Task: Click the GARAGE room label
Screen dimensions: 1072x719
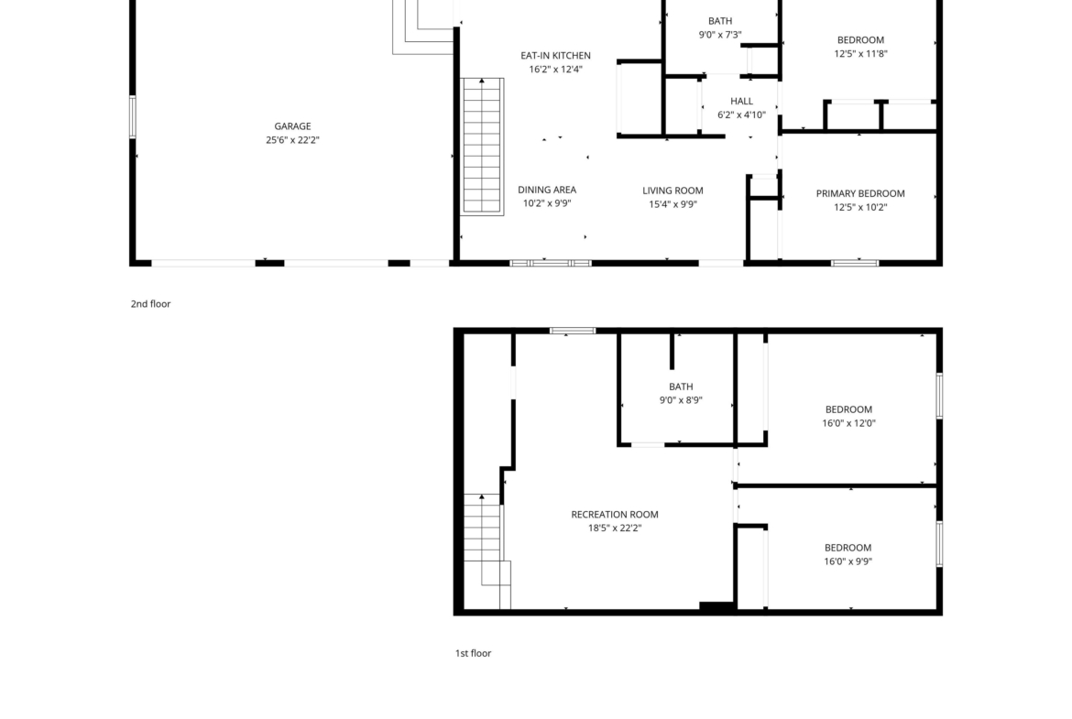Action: [x=292, y=126]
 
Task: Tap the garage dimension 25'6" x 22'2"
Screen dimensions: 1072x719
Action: [x=292, y=140]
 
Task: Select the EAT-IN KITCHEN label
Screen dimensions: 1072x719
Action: [x=555, y=55]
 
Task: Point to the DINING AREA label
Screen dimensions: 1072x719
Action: [x=547, y=190]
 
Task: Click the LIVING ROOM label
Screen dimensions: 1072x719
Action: [x=673, y=191]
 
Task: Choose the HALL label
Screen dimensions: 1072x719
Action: [x=742, y=101]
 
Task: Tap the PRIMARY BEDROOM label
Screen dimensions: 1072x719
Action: [x=860, y=193]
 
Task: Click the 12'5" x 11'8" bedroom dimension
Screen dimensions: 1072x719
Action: [x=860, y=54]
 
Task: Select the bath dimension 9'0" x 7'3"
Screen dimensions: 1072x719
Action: [x=720, y=35]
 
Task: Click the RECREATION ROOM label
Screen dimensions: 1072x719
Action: [x=615, y=515]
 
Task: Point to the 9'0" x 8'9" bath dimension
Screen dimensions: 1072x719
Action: [x=681, y=400]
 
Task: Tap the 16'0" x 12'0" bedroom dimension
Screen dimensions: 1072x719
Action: [x=848, y=423]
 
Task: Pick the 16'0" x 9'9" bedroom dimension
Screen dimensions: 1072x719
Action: [x=848, y=561]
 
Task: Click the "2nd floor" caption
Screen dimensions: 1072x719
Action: [x=150, y=304]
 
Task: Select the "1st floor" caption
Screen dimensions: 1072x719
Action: [x=473, y=653]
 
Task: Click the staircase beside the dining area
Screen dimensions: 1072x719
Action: [x=483, y=147]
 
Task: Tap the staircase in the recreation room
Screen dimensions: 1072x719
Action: [x=487, y=550]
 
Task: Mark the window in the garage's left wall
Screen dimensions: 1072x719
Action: [x=133, y=117]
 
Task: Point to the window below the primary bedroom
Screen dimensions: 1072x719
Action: [x=855, y=263]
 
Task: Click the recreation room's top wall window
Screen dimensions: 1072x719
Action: [x=573, y=331]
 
